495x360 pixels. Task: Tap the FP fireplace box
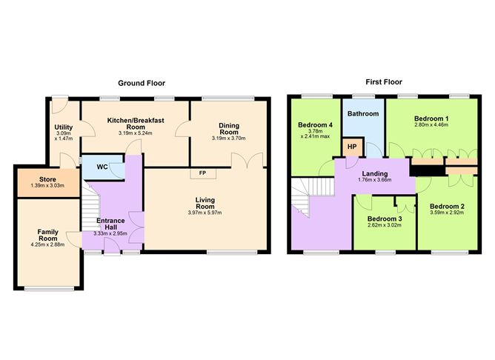pyautogui.click(x=202, y=173)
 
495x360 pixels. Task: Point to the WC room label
pyautogui.click(x=102, y=167)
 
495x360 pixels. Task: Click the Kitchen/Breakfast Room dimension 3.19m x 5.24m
pyautogui.click(x=135, y=133)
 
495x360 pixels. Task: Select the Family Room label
pyautogui.click(x=47, y=236)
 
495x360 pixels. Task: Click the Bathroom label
pyautogui.click(x=363, y=114)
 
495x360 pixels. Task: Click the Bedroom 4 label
pyautogui.click(x=314, y=125)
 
